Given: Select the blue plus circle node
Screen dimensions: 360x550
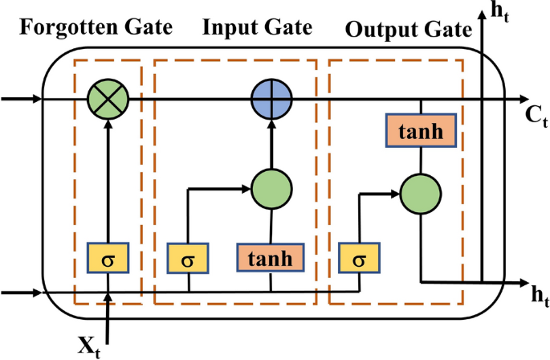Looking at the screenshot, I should (x=270, y=99).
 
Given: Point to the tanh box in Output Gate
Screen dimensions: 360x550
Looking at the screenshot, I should (x=422, y=130).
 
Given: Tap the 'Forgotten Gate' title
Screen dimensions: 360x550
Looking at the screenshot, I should (x=96, y=28).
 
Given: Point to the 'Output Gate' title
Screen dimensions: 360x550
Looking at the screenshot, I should (x=407, y=31).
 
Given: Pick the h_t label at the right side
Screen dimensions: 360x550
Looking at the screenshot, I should (x=538, y=294).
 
